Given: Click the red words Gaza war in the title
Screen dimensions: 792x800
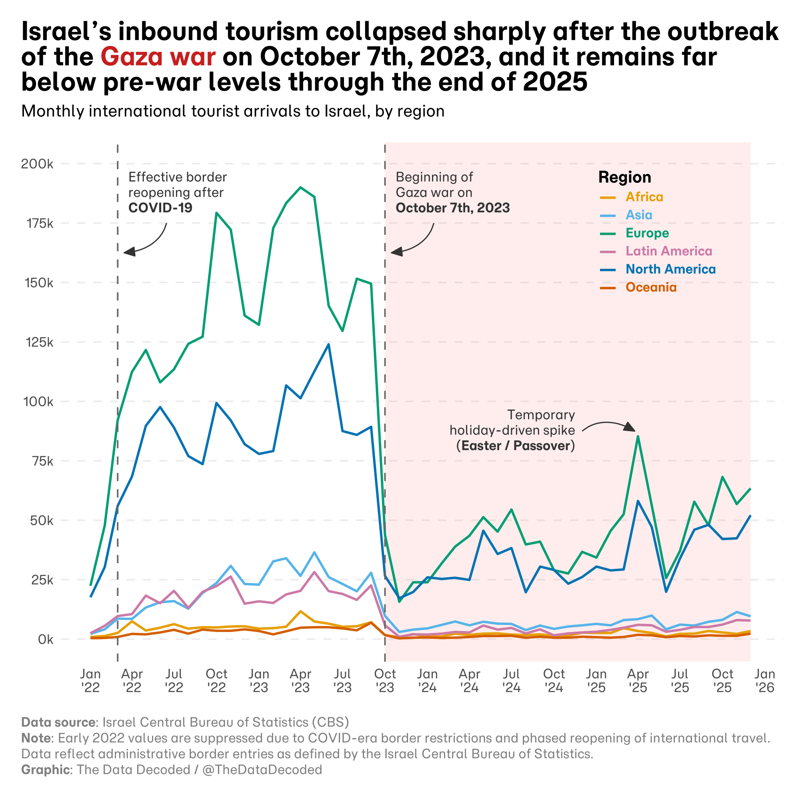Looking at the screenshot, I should point(158,57).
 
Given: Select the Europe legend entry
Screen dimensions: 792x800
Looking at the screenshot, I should point(647,233).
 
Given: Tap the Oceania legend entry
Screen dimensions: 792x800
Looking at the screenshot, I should point(650,287).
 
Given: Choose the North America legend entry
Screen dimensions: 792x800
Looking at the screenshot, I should point(670,269).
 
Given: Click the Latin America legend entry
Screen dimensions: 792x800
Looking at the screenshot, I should point(668,251).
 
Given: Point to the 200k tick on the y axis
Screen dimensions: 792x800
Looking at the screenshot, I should point(37,164).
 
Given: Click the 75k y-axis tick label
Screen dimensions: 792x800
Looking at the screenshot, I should point(40,461).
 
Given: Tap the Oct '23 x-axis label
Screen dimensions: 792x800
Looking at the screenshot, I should point(385,680).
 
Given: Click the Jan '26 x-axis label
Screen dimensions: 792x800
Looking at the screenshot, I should point(764,680).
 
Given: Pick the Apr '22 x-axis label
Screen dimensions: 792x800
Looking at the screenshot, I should point(132,680).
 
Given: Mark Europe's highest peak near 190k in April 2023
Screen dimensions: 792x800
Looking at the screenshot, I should point(301,187).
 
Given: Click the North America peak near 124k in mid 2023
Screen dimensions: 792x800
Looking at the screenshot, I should point(329,344).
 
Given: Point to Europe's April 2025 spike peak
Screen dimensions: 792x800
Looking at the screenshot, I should point(638,436).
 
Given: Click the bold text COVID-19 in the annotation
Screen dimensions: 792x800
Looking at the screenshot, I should point(160,208).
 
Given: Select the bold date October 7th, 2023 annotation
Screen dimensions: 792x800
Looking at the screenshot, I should point(452,208).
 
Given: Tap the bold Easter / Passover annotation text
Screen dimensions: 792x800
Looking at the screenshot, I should point(516,446).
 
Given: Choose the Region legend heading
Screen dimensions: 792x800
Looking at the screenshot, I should point(624,177).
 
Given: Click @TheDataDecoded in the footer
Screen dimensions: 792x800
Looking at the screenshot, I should point(262,770).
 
